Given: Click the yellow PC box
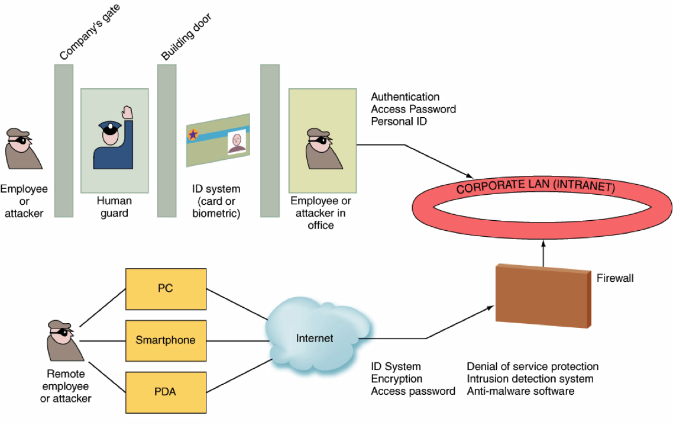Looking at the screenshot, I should (x=166, y=289).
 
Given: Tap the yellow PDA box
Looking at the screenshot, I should (x=166, y=391).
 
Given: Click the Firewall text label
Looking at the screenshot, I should (x=615, y=278).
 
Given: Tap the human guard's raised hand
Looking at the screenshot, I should (x=128, y=112).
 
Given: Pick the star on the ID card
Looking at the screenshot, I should (x=193, y=134).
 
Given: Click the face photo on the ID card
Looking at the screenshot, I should (x=237, y=143).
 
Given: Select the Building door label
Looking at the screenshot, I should (x=186, y=36).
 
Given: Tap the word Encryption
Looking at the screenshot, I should (x=396, y=379).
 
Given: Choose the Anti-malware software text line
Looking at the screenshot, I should (x=520, y=391).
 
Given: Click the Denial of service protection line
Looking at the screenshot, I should (x=532, y=366).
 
